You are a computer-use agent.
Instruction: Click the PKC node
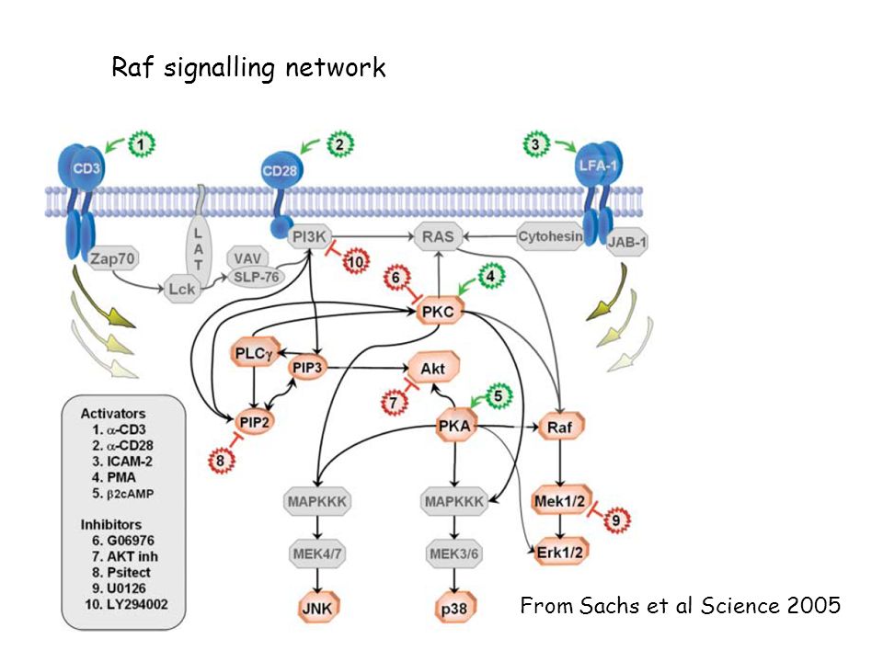439,312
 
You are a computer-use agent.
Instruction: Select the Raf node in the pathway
560,428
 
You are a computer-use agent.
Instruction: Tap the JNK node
317,608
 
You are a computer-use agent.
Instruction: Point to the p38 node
453,609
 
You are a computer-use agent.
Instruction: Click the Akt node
433,368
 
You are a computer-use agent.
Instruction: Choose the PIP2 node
254,422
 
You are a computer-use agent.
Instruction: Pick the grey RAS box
438,236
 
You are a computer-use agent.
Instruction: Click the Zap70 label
113,258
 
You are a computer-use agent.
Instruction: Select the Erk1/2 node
560,553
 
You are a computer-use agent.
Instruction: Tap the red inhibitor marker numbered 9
616,520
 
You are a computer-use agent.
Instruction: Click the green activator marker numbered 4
491,277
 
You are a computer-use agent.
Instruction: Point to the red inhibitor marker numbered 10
356,261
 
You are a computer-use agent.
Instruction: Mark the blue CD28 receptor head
281,169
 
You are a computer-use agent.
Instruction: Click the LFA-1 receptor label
598,165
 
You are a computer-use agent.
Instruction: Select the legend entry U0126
126,588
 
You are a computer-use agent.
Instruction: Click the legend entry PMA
121,477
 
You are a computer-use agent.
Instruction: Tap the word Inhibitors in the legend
111,525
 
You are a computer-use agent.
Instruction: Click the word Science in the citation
740,606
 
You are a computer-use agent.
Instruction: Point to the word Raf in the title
132,67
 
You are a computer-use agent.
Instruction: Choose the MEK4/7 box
317,554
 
